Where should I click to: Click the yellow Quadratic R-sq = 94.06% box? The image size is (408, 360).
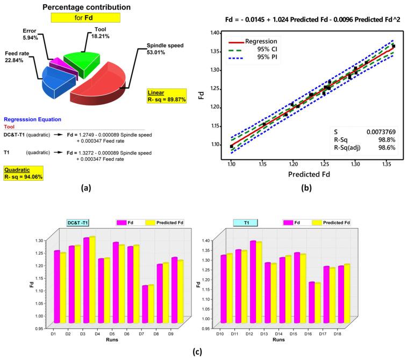click(23, 173)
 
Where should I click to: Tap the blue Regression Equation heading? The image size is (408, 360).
click(32, 119)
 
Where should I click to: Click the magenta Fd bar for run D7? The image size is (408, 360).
click(145, 303)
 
